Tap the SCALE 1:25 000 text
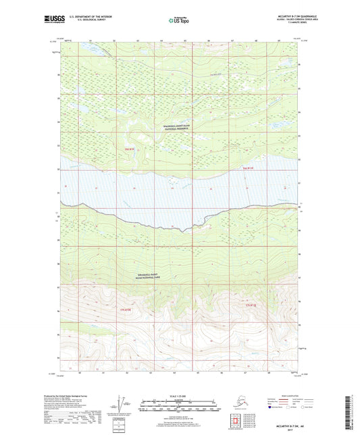[x=179, y=396]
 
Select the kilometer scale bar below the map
[x=179, y=403]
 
